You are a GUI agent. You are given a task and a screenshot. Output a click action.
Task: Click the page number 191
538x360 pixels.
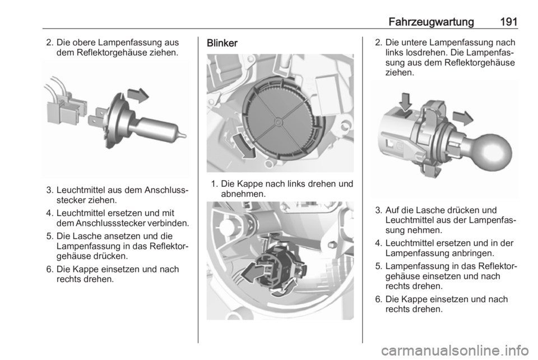pos(508,22)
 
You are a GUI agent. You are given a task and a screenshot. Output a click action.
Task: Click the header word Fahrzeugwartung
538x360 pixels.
pos(432,22)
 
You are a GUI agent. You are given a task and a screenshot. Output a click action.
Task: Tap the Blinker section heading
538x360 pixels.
pos(222,43)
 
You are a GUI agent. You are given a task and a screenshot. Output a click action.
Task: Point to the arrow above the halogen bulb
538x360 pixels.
pos(138,95)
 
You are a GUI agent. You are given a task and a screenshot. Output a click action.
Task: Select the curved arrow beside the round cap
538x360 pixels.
pos(244,146)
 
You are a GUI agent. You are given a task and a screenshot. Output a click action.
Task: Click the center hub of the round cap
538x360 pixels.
pos(279,121)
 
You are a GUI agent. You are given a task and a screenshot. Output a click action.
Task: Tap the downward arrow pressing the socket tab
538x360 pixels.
pos(405,102)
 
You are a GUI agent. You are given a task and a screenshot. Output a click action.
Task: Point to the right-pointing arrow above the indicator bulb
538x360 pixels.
pos(463,118)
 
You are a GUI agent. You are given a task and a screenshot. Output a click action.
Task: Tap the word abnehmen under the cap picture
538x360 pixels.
pos(242,194)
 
